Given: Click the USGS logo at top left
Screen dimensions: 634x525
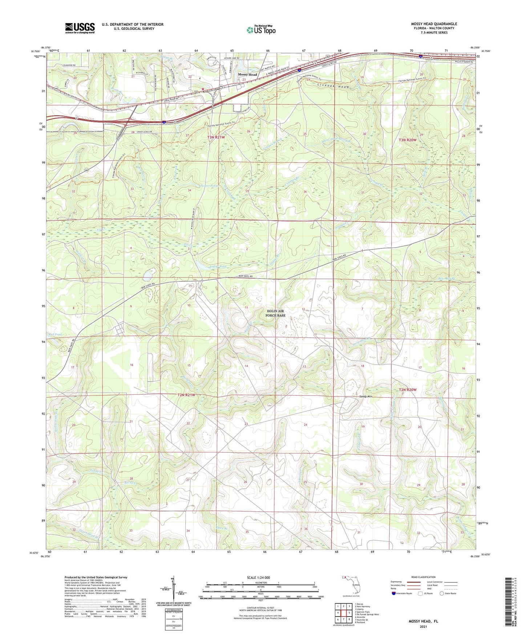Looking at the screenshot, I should [80, 28].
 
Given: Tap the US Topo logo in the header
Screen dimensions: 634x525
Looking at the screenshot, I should [261, 30].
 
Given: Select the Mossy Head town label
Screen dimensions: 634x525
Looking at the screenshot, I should [247, 74].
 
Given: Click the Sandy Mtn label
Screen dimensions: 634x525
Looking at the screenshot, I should [367, 397].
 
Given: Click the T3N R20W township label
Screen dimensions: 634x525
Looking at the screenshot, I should [408, 140].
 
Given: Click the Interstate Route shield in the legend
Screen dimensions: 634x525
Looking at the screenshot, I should [394, 593].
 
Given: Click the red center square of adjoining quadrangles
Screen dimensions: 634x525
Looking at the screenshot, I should [343, 613].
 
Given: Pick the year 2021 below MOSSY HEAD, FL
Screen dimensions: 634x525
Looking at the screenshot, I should [423, 627].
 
